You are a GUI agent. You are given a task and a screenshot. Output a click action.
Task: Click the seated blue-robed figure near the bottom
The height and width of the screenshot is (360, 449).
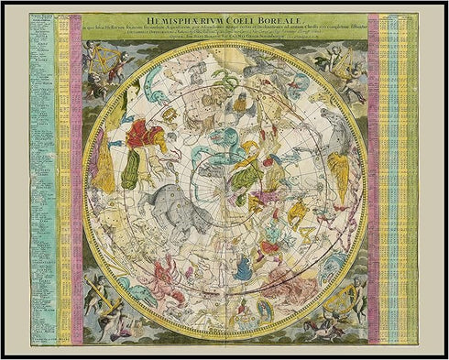(x=243, y=267)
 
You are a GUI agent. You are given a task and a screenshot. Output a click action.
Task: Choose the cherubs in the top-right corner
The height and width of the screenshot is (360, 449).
(x=344, y=64)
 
